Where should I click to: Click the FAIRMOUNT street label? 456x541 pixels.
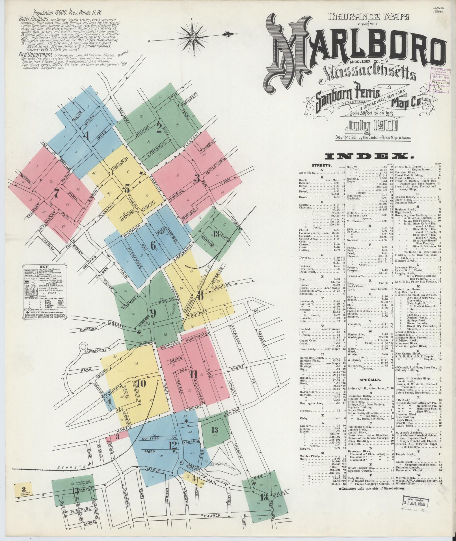point(94,351)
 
